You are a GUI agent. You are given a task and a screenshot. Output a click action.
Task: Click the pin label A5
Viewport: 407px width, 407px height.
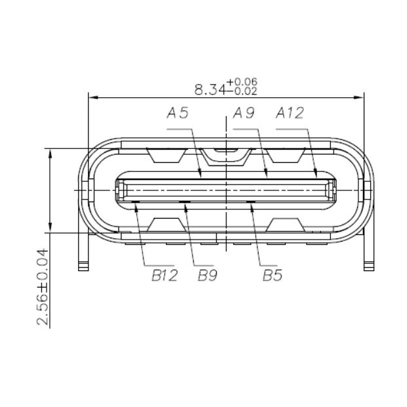click(x=178, y=114)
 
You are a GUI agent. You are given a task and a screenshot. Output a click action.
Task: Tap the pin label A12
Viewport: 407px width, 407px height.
click(x=289, y=114)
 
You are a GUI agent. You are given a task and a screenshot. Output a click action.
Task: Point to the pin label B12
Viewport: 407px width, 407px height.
click(x=165, y=276)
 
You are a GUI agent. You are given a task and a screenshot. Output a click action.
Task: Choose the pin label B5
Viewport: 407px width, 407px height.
click(x=272, y=276)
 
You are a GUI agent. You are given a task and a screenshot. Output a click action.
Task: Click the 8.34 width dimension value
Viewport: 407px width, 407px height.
click(x=209, y=89)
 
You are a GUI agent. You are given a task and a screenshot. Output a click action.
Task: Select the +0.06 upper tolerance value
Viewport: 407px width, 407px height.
click(x=242, y=81)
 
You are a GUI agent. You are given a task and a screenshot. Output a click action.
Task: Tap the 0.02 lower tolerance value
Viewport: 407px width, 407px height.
click(x=242, y=91)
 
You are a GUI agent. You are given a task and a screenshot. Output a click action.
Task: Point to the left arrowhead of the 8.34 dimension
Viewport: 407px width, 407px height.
click(x=92, y=98)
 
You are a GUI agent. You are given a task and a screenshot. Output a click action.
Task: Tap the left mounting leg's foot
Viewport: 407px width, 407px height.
click(x=83, y=267)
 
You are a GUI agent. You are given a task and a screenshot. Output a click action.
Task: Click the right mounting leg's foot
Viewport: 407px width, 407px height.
click(x=369, y=267)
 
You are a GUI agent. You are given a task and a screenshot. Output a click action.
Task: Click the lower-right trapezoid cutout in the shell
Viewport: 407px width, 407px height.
click(x=286, y=225)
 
